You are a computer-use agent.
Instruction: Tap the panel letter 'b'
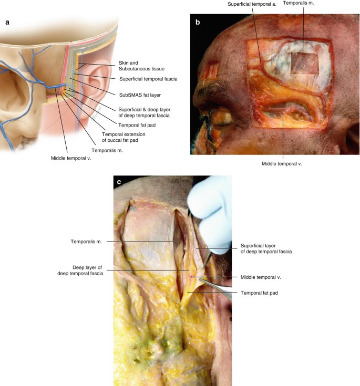coord(198,23)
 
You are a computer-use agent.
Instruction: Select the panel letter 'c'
coord(120,182)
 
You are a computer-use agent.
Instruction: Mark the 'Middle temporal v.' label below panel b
coord(282,163)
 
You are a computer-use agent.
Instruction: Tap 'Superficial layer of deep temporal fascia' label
coord(266,248)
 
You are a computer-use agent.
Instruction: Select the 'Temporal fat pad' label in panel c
coord(259,293)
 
